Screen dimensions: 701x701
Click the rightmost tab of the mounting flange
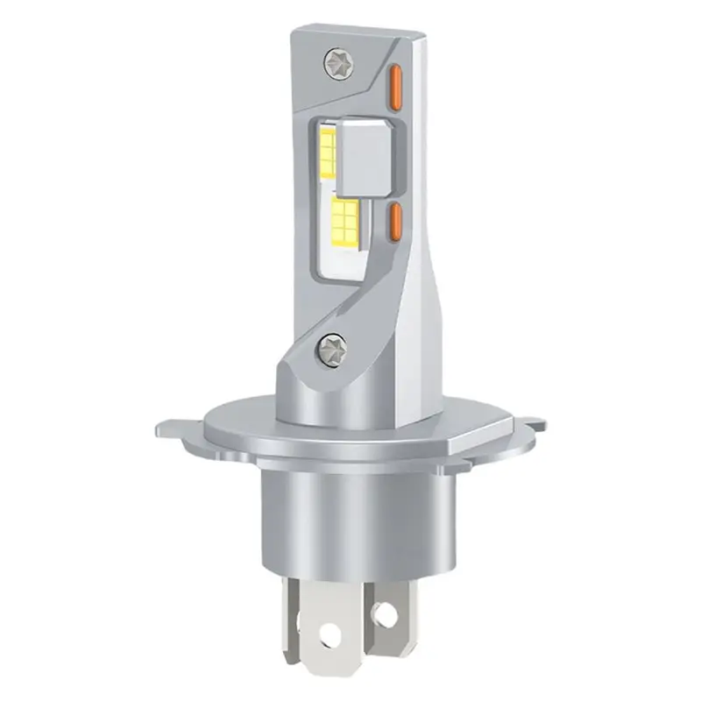point(530,427)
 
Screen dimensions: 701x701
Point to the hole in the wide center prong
point(329,630)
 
